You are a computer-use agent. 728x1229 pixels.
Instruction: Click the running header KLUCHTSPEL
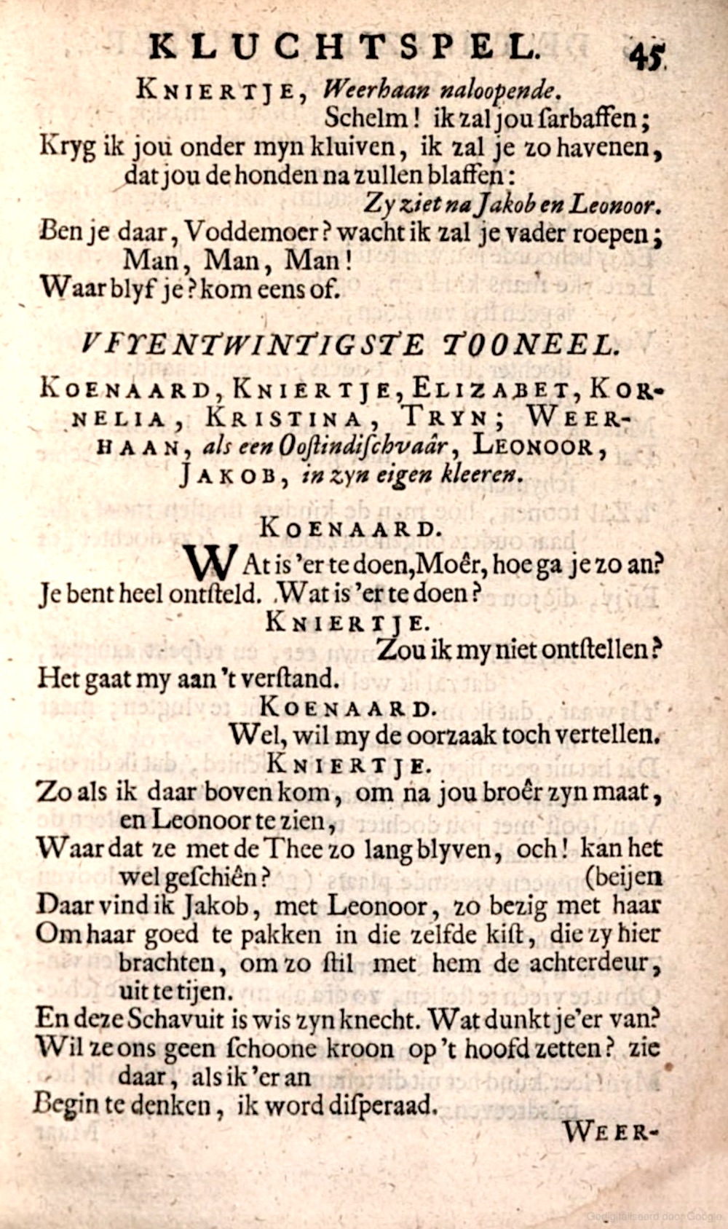pyautogui.click(x=342, y=47)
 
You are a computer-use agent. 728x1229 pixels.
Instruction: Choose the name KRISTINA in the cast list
pyautogui.click(x=284, y=418)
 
